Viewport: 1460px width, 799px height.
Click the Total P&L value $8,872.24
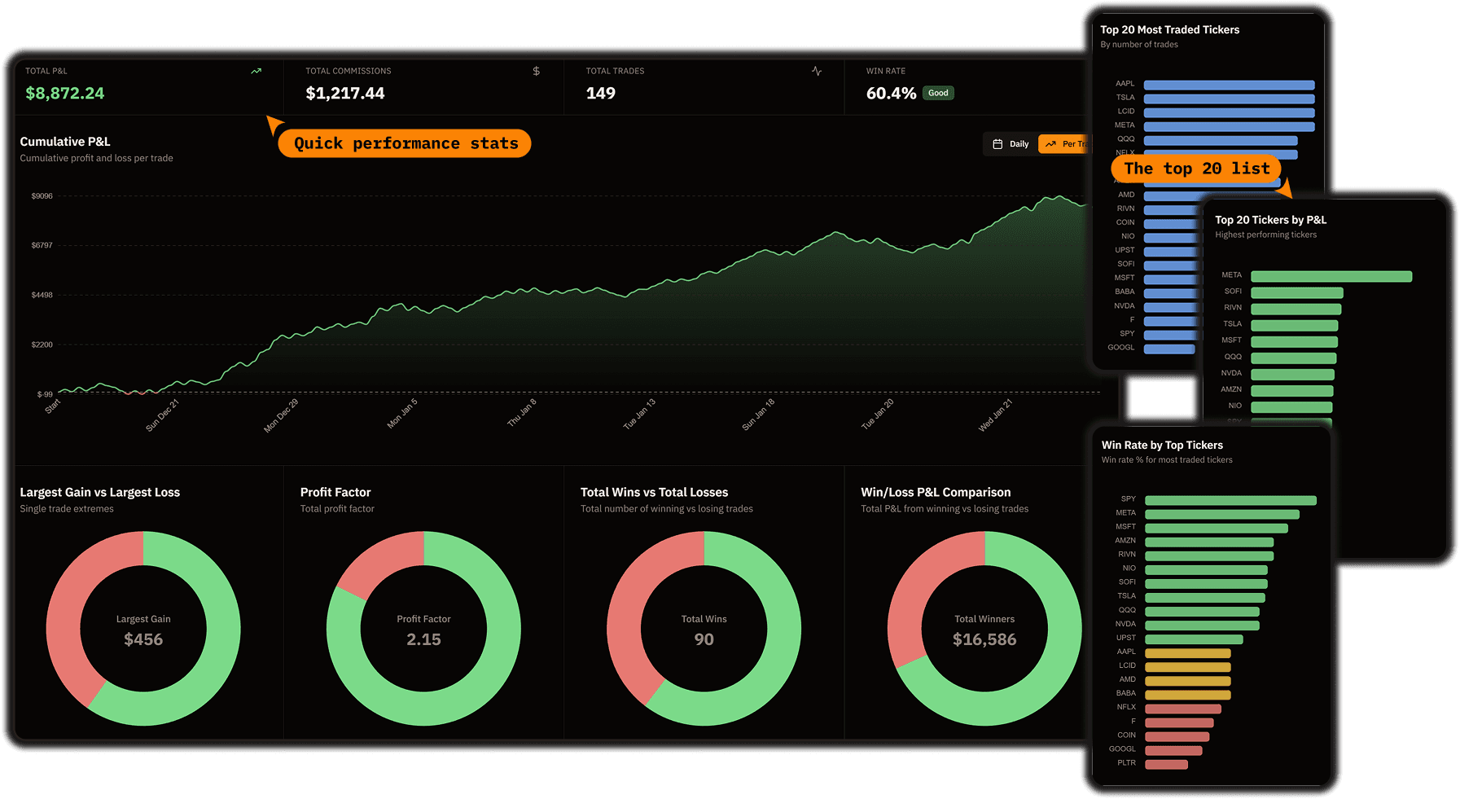[65, 94]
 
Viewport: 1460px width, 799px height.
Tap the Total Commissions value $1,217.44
[345, 94]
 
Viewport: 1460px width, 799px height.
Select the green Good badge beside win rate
[938, 93]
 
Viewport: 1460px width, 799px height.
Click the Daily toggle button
[1011, 144]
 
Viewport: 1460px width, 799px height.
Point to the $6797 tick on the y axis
[42, 245]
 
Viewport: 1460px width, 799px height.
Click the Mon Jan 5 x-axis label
[402, 413]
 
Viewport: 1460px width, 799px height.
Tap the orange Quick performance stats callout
[405, 143]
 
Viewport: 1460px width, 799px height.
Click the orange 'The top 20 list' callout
[1196, 169]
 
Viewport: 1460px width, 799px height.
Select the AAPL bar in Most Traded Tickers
[1229, 85]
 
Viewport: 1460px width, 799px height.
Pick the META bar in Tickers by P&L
[1331, 277]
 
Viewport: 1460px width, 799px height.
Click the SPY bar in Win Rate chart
[1230, 500]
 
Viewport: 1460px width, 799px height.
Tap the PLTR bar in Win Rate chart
[1166, 764]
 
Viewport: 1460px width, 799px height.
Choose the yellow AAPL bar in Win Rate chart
[1187, 653]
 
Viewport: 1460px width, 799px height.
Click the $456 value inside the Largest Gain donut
[143, 640]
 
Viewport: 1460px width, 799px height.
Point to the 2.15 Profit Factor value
[423, 640]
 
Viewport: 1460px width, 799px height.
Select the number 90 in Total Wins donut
[704, 640]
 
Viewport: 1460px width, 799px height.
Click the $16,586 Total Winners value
[984, 640]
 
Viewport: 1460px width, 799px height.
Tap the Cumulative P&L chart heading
[65, 142]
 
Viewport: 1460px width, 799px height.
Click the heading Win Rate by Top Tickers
[1162, 446]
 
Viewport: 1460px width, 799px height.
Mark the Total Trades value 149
[601, 94]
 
